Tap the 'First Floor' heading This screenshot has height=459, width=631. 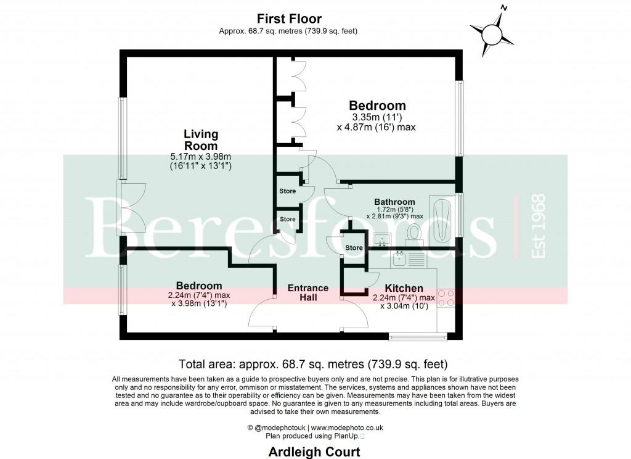289,19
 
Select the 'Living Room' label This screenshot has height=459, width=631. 201,140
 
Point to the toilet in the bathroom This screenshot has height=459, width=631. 413,234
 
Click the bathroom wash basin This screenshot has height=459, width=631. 382,239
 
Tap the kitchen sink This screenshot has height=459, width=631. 399,258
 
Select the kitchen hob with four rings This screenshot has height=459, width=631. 446,298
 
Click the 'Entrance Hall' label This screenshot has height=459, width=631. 307,292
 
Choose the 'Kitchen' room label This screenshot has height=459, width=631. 404,288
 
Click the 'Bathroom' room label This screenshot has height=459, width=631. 394,202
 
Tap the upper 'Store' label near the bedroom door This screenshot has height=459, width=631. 288,191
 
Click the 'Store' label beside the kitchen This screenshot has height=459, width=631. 354,248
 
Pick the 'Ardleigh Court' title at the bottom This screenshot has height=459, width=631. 314,452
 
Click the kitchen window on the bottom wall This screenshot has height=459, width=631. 417,337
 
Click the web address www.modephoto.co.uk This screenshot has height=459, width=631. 347,427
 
